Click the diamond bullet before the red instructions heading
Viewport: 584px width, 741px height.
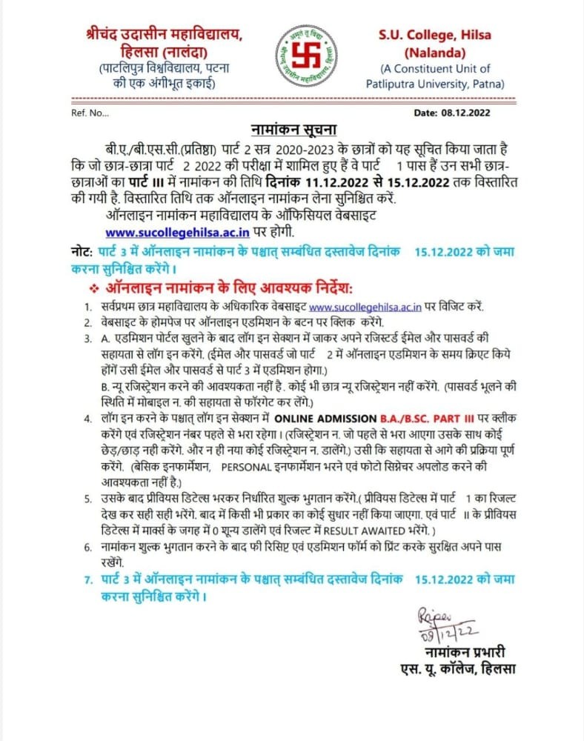pos(93,286)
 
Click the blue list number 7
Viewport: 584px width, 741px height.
pos(87,579)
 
